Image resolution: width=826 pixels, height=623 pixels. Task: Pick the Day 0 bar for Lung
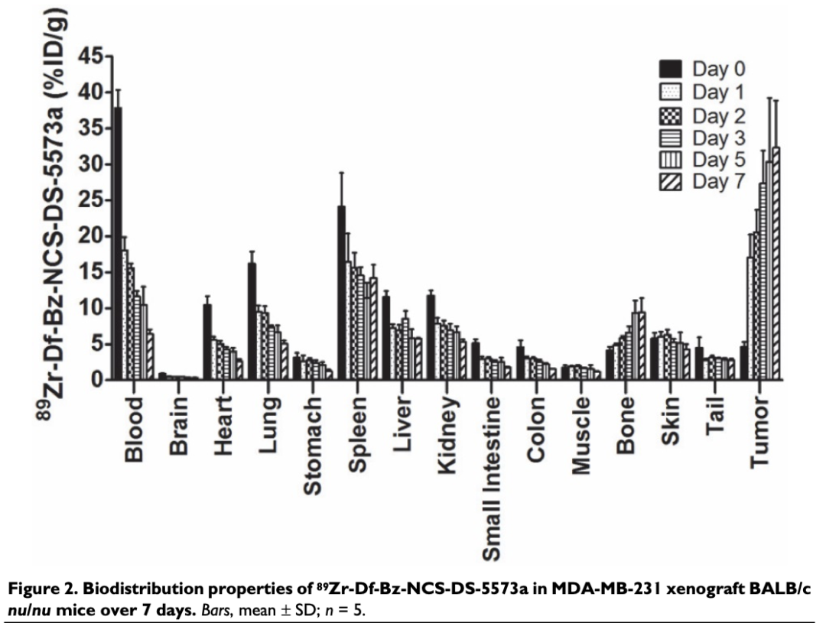[252, 322]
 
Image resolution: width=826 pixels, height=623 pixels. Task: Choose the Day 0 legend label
[719, 69]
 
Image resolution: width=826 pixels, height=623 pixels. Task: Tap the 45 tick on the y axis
[93, 57]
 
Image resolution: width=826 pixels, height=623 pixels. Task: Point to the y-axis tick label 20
[93, 236]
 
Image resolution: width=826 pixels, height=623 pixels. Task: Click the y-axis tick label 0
[99, 380]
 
